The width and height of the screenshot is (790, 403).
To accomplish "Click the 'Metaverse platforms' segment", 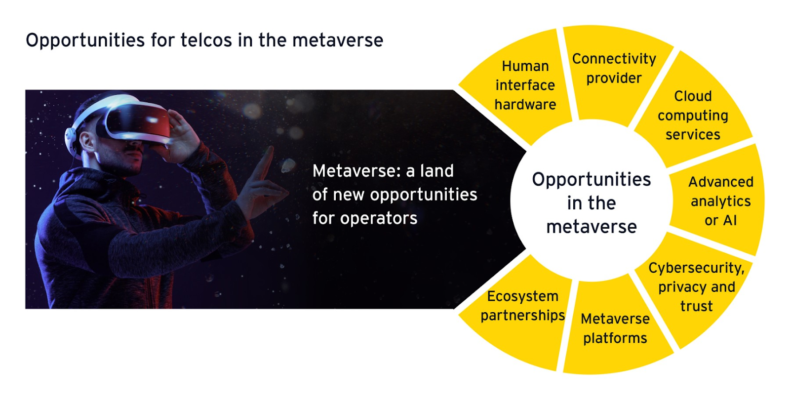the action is tap(615, 328).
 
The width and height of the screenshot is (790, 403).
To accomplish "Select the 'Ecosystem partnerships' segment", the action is tap(522, 311).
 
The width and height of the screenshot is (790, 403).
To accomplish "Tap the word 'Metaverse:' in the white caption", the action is tap(356, 171).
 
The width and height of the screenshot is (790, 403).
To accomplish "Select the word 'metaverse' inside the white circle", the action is tap(592, 227).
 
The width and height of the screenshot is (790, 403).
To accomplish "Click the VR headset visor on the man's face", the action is tap(139, 122).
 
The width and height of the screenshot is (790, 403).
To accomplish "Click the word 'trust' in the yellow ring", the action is tap(697, 306).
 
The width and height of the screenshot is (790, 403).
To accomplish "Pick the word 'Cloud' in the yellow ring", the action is tap(693, 96).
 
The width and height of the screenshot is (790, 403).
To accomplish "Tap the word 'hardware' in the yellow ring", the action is tap(525, 105).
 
